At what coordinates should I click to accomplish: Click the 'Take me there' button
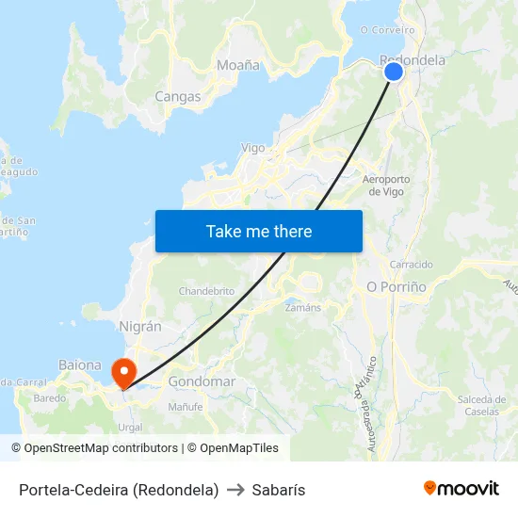coord(258,231)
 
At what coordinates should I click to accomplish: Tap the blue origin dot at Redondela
coord(394,72)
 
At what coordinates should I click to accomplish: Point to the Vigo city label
coord(253,148)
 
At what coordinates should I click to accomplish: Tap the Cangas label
coord(178,96)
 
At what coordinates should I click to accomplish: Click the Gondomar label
coord(202,381)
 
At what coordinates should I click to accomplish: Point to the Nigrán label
coord(140,326)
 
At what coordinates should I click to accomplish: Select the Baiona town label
coord(80,364)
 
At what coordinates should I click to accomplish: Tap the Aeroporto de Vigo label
coord(386,185)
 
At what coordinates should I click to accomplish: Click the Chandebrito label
coord(206,291)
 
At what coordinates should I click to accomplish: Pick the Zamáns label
coord(302,307)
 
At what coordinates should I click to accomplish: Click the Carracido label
coord(411,265)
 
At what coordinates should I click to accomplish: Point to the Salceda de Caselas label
coord(482,405)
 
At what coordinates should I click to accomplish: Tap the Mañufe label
coord(186,407)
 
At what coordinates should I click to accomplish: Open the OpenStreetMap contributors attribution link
coord(101,448)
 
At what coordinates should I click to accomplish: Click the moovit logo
coord(461,488)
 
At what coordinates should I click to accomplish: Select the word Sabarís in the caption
coord(279,490)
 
